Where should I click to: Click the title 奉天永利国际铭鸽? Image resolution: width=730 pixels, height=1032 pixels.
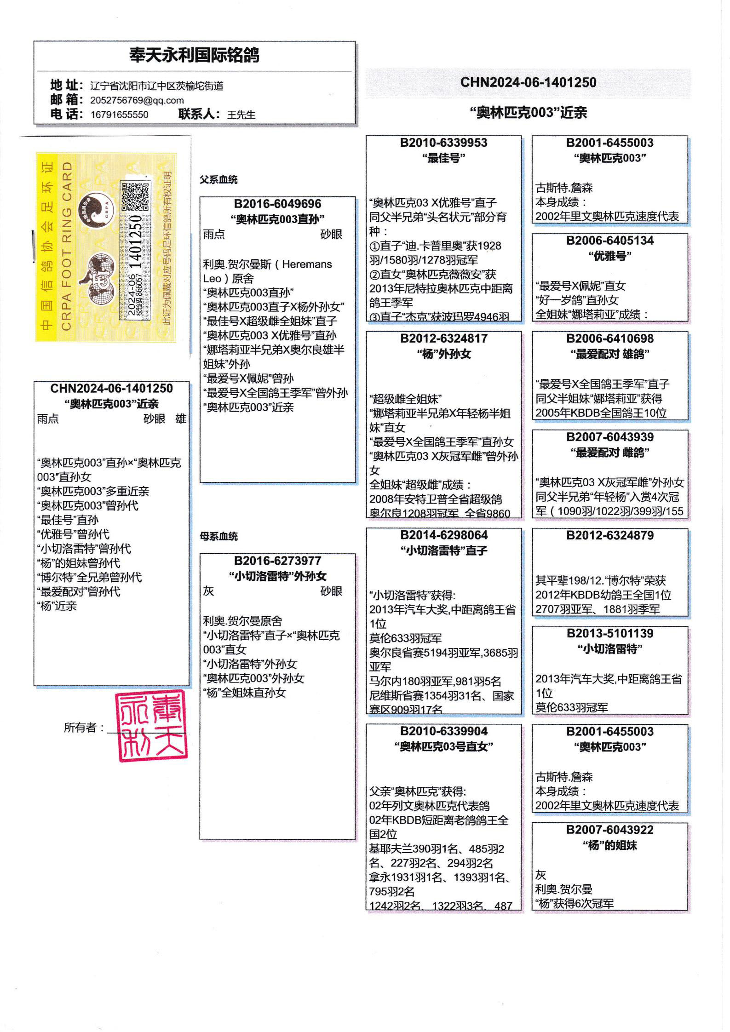194,55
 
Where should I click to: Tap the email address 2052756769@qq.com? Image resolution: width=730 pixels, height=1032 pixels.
137,100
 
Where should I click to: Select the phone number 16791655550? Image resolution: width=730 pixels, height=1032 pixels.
119,115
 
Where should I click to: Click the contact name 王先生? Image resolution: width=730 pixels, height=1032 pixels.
241,115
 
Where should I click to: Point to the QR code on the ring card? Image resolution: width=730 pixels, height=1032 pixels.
135,196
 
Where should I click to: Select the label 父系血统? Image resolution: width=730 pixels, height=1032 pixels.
218,180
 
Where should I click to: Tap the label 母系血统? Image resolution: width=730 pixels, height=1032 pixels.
218,536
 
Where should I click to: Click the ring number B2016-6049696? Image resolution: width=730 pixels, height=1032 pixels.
277,204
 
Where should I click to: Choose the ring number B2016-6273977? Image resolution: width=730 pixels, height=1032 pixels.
277,561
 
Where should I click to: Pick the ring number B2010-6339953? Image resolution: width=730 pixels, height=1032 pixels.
443,143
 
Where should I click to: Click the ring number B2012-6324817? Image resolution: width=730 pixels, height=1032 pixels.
443,339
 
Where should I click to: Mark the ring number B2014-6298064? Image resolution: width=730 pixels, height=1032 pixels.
443,535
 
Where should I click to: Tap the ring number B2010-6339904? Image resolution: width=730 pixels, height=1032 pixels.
443,732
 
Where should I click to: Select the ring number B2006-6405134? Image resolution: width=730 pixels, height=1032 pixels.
609,241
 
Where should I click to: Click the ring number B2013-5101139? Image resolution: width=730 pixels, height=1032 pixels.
609,634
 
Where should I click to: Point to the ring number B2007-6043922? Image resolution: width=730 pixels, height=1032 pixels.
609,830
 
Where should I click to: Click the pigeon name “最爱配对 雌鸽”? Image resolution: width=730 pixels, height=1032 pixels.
609,453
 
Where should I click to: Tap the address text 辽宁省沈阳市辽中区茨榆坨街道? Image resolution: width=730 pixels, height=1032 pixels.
156,86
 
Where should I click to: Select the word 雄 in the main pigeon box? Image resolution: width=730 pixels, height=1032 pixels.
181,419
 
